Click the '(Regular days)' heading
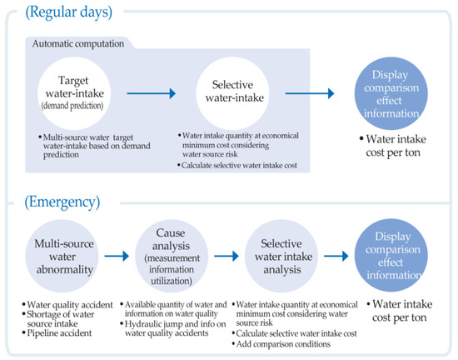69,12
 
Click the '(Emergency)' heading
62,202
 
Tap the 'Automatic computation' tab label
78,44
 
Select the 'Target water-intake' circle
74,93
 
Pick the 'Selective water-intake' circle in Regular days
232,93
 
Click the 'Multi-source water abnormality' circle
62,256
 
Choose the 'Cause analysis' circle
172,256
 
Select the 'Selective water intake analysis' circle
281,256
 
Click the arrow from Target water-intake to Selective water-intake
151,93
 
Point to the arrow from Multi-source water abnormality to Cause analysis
117,257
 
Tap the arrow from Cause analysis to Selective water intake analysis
227,257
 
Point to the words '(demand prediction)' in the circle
72,106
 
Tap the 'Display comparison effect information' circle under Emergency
391,255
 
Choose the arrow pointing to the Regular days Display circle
310,93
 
